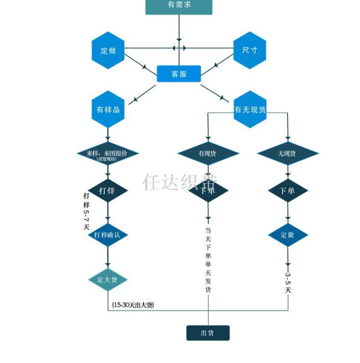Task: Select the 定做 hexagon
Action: click(x=108, y=50)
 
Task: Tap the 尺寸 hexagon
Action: click(x=250, y=50)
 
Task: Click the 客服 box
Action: click(x=179, y=74)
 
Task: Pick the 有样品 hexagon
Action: click(x=108, y=109)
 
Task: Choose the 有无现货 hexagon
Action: click(x=250, y=109)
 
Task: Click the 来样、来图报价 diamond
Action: click(x=108, y=154)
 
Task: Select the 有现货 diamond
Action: click(x=207, y=154)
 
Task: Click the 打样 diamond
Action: click(x=108, y=191)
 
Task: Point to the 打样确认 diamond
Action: click(x=108, y=235)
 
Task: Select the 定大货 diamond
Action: click(x=108, y=280)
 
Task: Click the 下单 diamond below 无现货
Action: click(x=288, y=191)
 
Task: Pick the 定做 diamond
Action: click(x=288, y=235)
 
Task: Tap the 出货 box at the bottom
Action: click(x=208, y=333)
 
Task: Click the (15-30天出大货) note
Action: click(x=133, y=305)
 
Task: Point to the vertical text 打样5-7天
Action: click(x=86, y=211)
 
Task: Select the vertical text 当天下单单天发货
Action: click(x=208, y=260)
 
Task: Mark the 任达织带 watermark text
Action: click(x=180, y=182)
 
